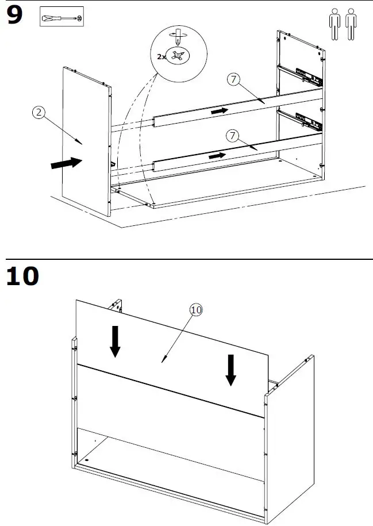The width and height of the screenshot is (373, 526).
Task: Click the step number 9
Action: click(x=14, y=16)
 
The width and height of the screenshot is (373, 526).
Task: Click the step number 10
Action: click(x=23, y=275)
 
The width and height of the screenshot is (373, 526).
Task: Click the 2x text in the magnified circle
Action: click(x=162, y=56)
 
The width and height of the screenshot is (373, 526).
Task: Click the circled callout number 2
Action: click(x=38, y=113)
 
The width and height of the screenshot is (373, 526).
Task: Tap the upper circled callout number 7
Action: click(x=233, y=80)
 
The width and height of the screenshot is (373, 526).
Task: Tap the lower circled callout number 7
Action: click(x=233, y=136)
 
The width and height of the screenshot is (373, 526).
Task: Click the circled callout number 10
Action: click(x=196, y=310)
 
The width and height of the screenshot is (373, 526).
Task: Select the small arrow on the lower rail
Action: click(x=218, y=156)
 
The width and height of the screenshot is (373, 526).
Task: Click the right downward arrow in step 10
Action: click(x=230, y=370)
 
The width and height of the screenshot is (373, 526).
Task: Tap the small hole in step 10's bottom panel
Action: click(x=87, y=460)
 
